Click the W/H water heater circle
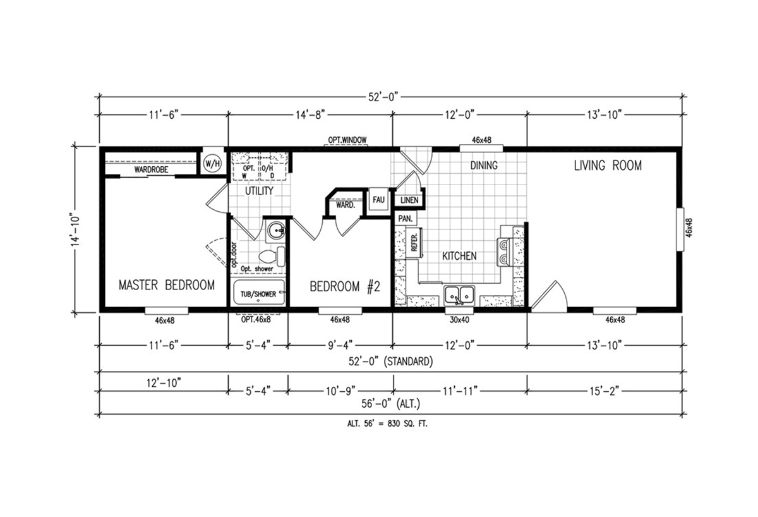[212, 164]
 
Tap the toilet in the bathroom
[272, 257]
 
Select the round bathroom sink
[276, 231]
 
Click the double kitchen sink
[459, 295]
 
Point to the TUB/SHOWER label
[258, 294]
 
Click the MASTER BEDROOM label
[167, 285]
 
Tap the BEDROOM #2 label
[345, 287]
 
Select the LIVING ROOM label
[608, 166]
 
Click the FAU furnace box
[378, 200]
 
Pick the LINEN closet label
[409, 200]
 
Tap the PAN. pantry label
[406, 219]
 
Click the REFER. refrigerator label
[414, 243]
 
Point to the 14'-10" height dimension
[75, 230]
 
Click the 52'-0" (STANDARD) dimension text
[391, 362]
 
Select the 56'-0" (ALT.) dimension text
[391, 404]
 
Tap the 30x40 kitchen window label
[459, 320]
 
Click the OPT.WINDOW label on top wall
[347, 140]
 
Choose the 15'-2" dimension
[605, 391]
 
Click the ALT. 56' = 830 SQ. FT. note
[387, 423]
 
